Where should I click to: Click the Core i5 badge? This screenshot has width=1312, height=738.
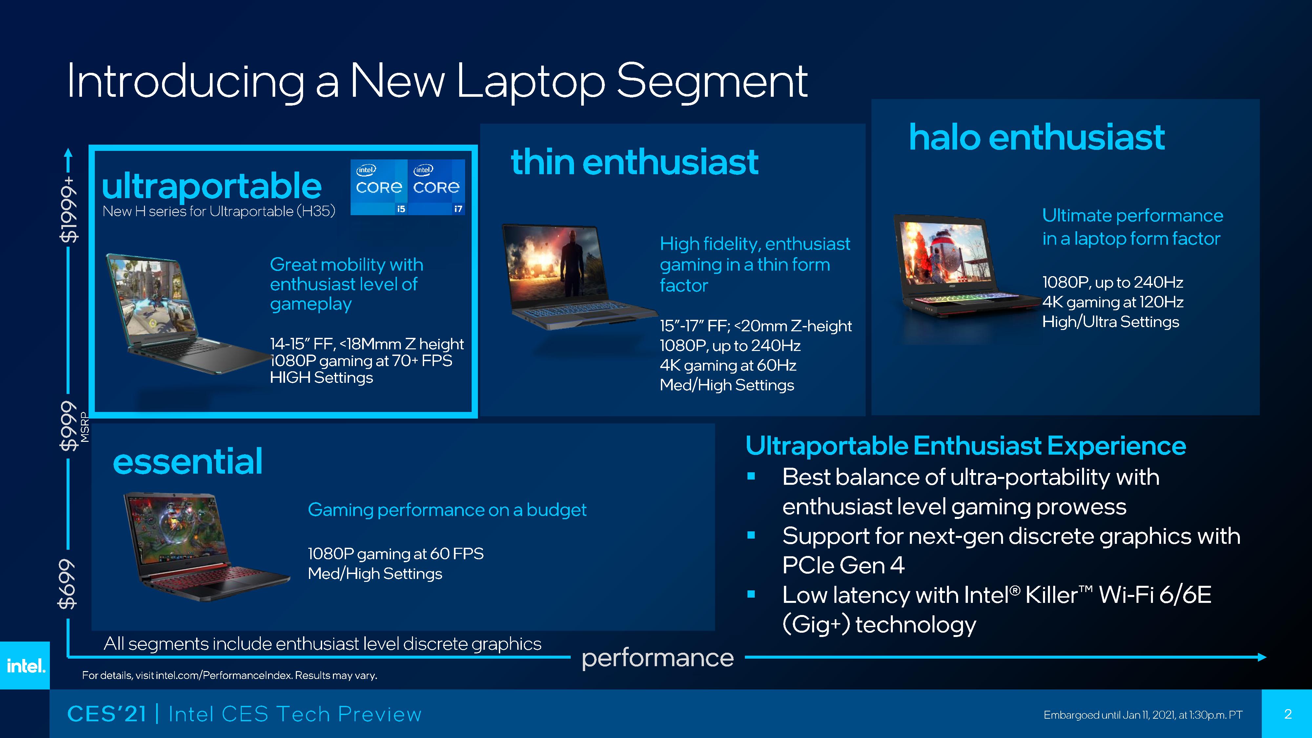379,187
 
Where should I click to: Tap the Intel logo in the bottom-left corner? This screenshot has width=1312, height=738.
25,665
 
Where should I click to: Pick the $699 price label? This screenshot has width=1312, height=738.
68,584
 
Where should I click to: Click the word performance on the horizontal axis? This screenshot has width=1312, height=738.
658,658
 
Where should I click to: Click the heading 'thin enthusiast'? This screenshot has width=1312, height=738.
635,162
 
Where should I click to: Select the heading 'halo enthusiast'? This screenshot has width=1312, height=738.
1037,137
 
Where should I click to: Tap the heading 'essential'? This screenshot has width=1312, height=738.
187,461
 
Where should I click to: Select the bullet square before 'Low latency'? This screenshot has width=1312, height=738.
751,594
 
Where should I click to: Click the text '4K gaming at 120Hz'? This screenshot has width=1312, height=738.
1112,302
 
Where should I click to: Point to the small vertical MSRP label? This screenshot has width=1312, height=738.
85,428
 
